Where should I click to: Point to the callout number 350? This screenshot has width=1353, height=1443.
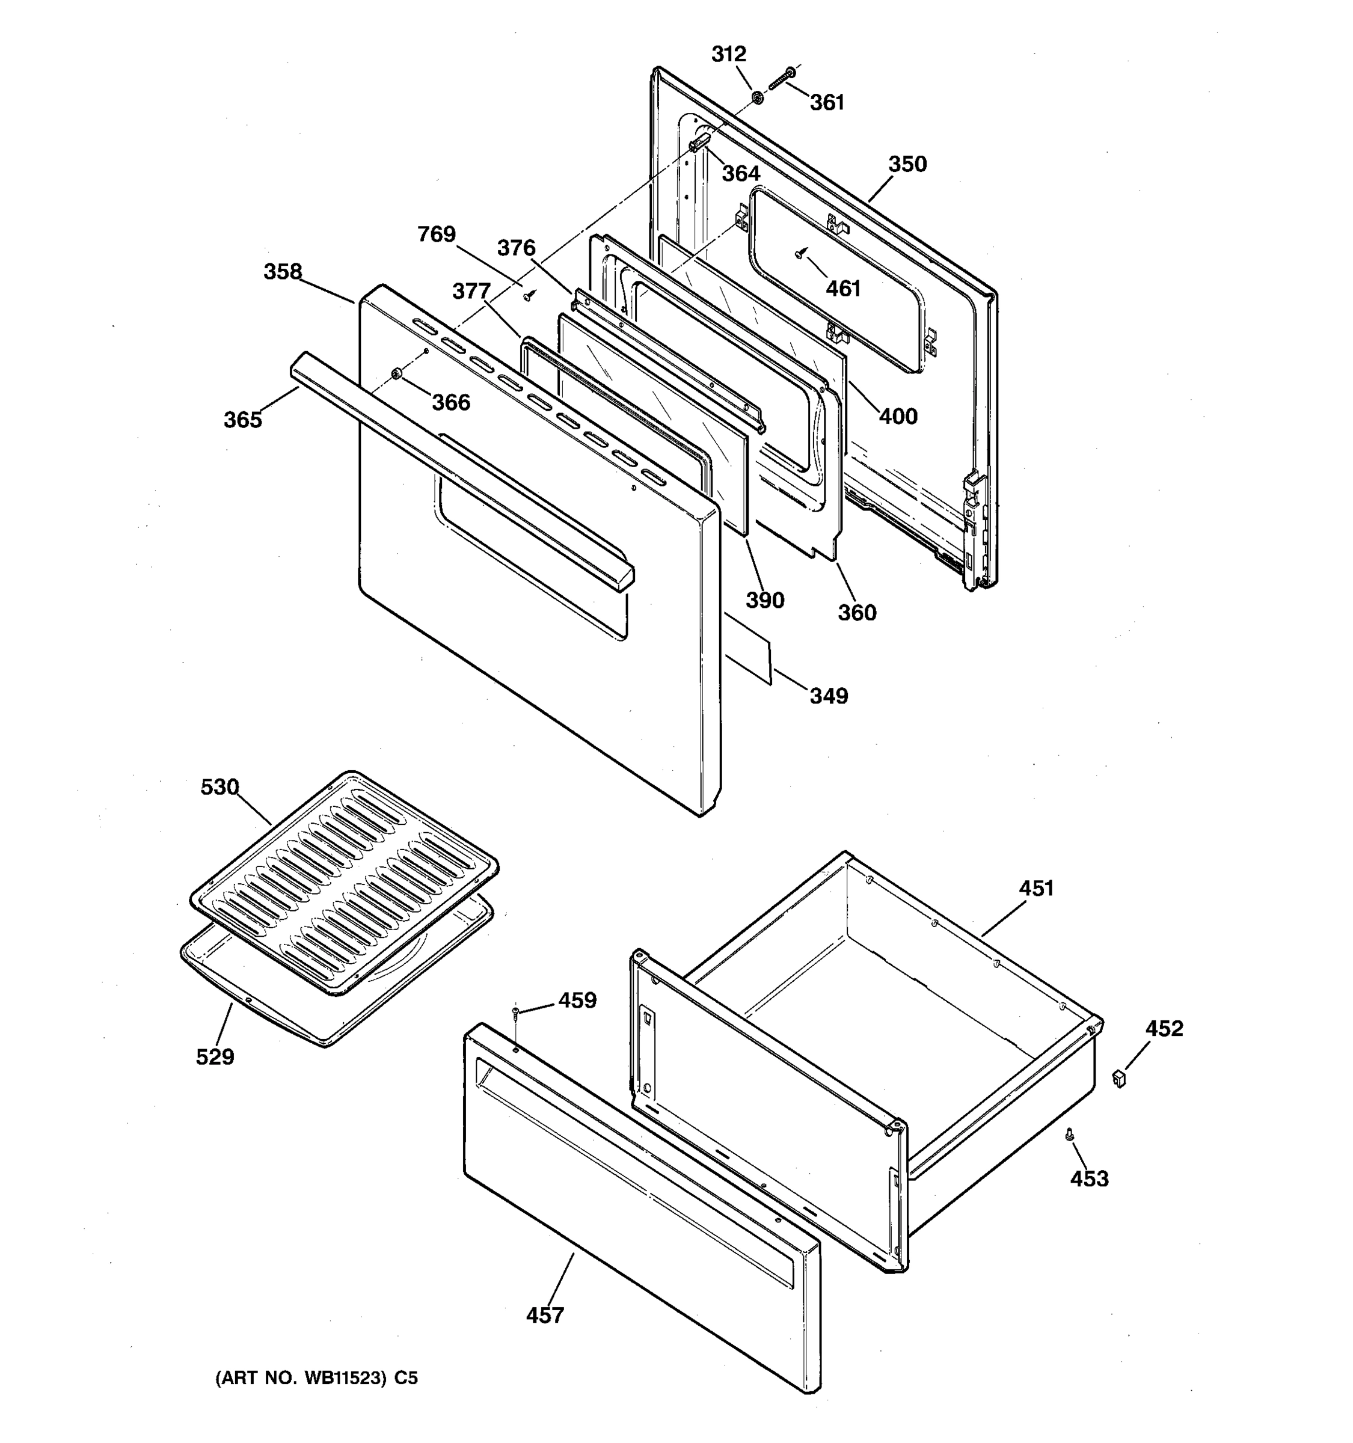click(907, 164)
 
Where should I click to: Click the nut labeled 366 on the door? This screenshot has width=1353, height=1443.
click(396, 374)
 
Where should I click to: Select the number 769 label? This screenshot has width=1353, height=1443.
click(436, 234)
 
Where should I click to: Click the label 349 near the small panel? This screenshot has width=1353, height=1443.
click(829, 696)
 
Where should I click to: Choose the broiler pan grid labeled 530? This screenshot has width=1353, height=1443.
click(345, 882)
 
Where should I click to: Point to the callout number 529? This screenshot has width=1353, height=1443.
click(215, 1057)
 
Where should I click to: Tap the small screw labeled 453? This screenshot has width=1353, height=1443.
click(1069, 1135)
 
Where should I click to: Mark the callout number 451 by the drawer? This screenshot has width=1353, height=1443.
click(1036, 889)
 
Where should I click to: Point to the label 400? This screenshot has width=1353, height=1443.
click(898, 417)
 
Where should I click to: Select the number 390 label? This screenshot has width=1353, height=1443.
click(765, 600)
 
